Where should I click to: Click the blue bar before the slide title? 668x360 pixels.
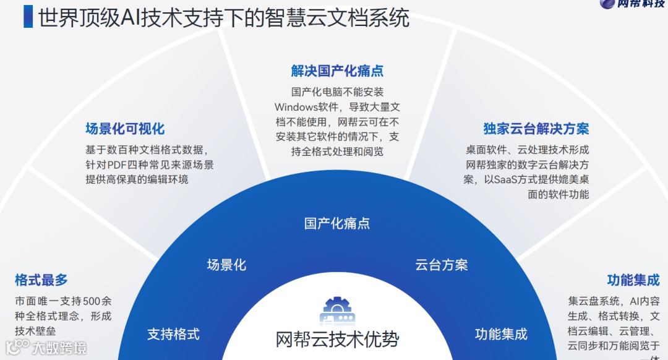(x=28, y=16)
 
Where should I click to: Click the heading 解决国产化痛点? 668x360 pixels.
(x=337, y=71)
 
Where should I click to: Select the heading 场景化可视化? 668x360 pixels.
(x=125, y=129)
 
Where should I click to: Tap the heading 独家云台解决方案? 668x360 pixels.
(x=536, y=129)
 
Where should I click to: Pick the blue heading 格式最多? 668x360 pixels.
(x=41, y=280)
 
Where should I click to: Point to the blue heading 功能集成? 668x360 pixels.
(x=633, y=280)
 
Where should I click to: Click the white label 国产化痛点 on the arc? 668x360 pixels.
(x=337, y=223)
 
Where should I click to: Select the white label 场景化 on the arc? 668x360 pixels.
(x=226, y=265)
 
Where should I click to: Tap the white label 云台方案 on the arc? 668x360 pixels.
(x=442, y=265)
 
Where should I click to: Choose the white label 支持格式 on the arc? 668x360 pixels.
(x=173, y=335)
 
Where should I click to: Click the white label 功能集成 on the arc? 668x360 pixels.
(x=501, y=335)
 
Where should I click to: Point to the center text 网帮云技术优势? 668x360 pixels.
(x=337, y=340)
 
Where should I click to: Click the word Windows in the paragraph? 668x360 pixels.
(x=296, y=106)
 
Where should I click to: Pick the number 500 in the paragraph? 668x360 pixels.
(x=91, y=301)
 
